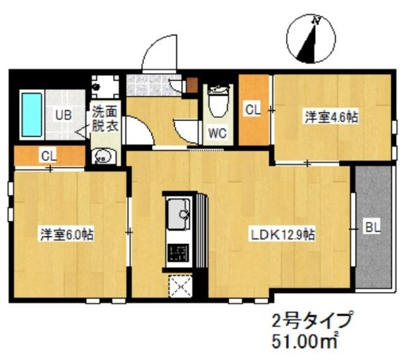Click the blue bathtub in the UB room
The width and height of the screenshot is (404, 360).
(31, 114)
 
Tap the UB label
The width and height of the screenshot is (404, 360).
(62, 115)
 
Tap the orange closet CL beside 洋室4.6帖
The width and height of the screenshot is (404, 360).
(254, 110)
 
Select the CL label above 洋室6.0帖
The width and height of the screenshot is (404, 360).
(49, 154)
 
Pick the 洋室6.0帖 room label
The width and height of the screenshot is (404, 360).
(68, 235)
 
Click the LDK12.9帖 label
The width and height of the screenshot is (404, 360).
(283, 235)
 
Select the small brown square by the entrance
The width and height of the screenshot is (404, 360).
(192, 84)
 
